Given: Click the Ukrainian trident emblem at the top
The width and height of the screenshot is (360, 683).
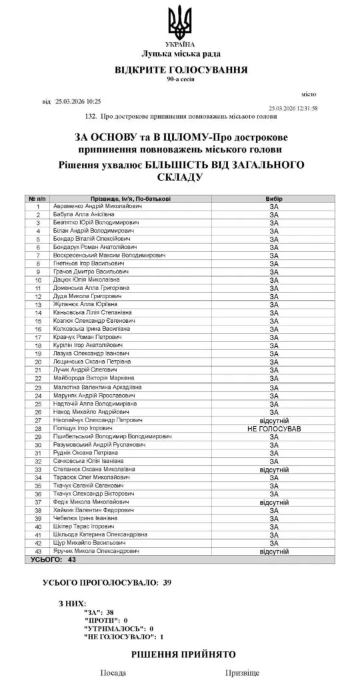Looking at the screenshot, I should tap(181, 22).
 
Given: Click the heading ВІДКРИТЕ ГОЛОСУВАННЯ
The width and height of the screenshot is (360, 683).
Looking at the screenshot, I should tap(181, 69).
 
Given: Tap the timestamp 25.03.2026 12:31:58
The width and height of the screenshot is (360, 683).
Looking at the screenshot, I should tap(293, 108).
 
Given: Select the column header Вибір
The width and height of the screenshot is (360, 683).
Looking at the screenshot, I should tap(273, 199).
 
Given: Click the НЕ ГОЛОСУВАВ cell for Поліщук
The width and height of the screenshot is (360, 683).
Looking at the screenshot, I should tap(273, 428).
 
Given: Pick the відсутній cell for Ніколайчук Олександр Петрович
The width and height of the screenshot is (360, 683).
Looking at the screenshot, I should tap(273, 420).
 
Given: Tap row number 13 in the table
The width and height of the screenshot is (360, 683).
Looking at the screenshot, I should tap(39, 305).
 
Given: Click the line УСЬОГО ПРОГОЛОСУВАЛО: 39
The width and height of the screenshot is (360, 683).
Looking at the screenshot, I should tap(107, 582).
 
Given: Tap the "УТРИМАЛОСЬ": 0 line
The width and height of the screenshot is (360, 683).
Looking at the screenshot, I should tap(119, 628).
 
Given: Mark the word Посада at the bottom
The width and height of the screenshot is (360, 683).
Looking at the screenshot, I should tap(113, 674).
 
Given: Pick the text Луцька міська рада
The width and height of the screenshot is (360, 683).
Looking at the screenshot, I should tap(181, 53).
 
